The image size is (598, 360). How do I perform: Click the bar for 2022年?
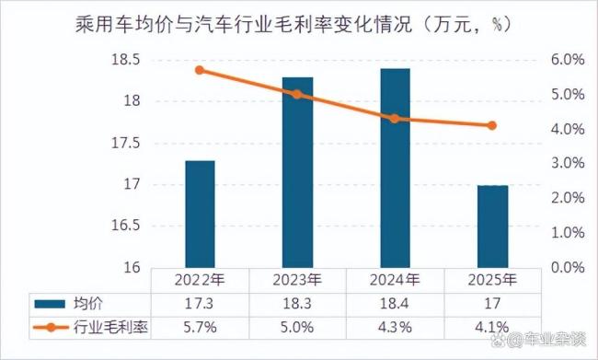[200, 214]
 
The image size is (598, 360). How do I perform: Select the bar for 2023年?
[297, 172]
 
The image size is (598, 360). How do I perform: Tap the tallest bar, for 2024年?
[395, 168]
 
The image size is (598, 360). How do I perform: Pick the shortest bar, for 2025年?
[492, 226]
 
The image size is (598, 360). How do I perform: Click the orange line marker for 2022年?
[200, 70]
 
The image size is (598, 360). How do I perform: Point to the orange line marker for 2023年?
[297, 94]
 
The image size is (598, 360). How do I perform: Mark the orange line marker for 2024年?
[395, 119]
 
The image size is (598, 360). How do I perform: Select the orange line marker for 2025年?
[492, 125]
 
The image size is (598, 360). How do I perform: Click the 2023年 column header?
[297, 279]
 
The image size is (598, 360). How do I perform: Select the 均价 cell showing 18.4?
[395, 302]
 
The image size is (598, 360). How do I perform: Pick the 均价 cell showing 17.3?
[200, 302]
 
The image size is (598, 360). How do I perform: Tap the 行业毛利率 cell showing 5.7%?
[200, 326]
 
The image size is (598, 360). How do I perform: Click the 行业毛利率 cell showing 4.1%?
[492, 326]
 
